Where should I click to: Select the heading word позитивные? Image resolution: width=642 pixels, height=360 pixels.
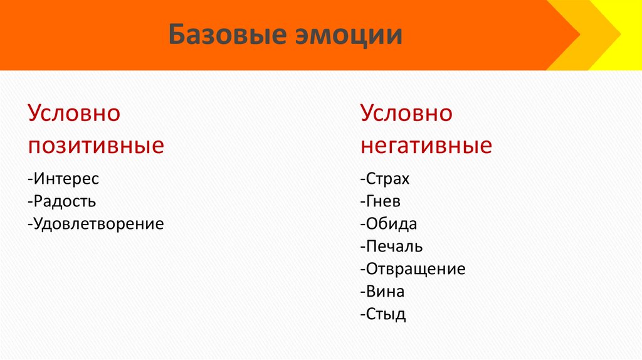coord(96,146)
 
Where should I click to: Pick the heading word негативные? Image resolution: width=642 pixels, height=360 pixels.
coord(426,146)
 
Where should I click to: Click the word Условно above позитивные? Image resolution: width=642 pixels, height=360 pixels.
coord(74,114)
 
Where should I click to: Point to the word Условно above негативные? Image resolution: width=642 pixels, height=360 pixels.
coord(406,114)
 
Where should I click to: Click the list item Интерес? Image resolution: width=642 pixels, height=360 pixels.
coord(66,179)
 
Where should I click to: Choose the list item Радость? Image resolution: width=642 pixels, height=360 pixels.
coord(65,201)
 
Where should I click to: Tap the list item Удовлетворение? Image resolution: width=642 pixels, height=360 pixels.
coord(98,224)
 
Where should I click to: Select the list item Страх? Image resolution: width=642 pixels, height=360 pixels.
coord(387,179)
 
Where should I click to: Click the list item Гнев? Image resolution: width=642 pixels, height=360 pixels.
coord(382,201)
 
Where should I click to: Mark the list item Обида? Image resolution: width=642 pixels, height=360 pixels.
coord(391,224)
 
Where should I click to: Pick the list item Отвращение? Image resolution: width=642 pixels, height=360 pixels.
coord(415,269)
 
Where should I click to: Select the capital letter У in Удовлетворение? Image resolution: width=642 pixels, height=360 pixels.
coord(38,224)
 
